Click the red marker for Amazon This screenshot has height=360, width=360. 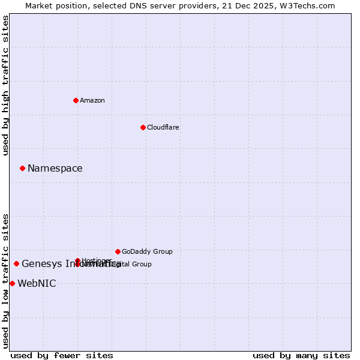(x=76, y=100)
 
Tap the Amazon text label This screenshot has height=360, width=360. (x=92, y=100)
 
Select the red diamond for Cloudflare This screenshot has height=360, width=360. (x=143, y=127)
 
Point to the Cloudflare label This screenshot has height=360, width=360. (x=163, y=127)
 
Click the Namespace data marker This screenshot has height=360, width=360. (x=22, y=168)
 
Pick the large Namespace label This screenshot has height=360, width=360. (x=55, y=169)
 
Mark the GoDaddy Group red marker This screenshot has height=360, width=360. (x=118, y=251)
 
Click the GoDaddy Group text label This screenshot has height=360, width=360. (x=146, y=251)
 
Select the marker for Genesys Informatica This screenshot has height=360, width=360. (x=16, y=263)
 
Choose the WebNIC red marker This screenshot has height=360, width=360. (x=12, y=283)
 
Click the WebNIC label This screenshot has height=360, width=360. (x=37, y=284)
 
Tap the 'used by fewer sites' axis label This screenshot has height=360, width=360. (x=62, y=355)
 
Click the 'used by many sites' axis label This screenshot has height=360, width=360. (x=301, y=355)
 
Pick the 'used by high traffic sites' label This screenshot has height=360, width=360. (x=6, y=85)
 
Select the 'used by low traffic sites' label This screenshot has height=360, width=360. (x=6, y=281)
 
